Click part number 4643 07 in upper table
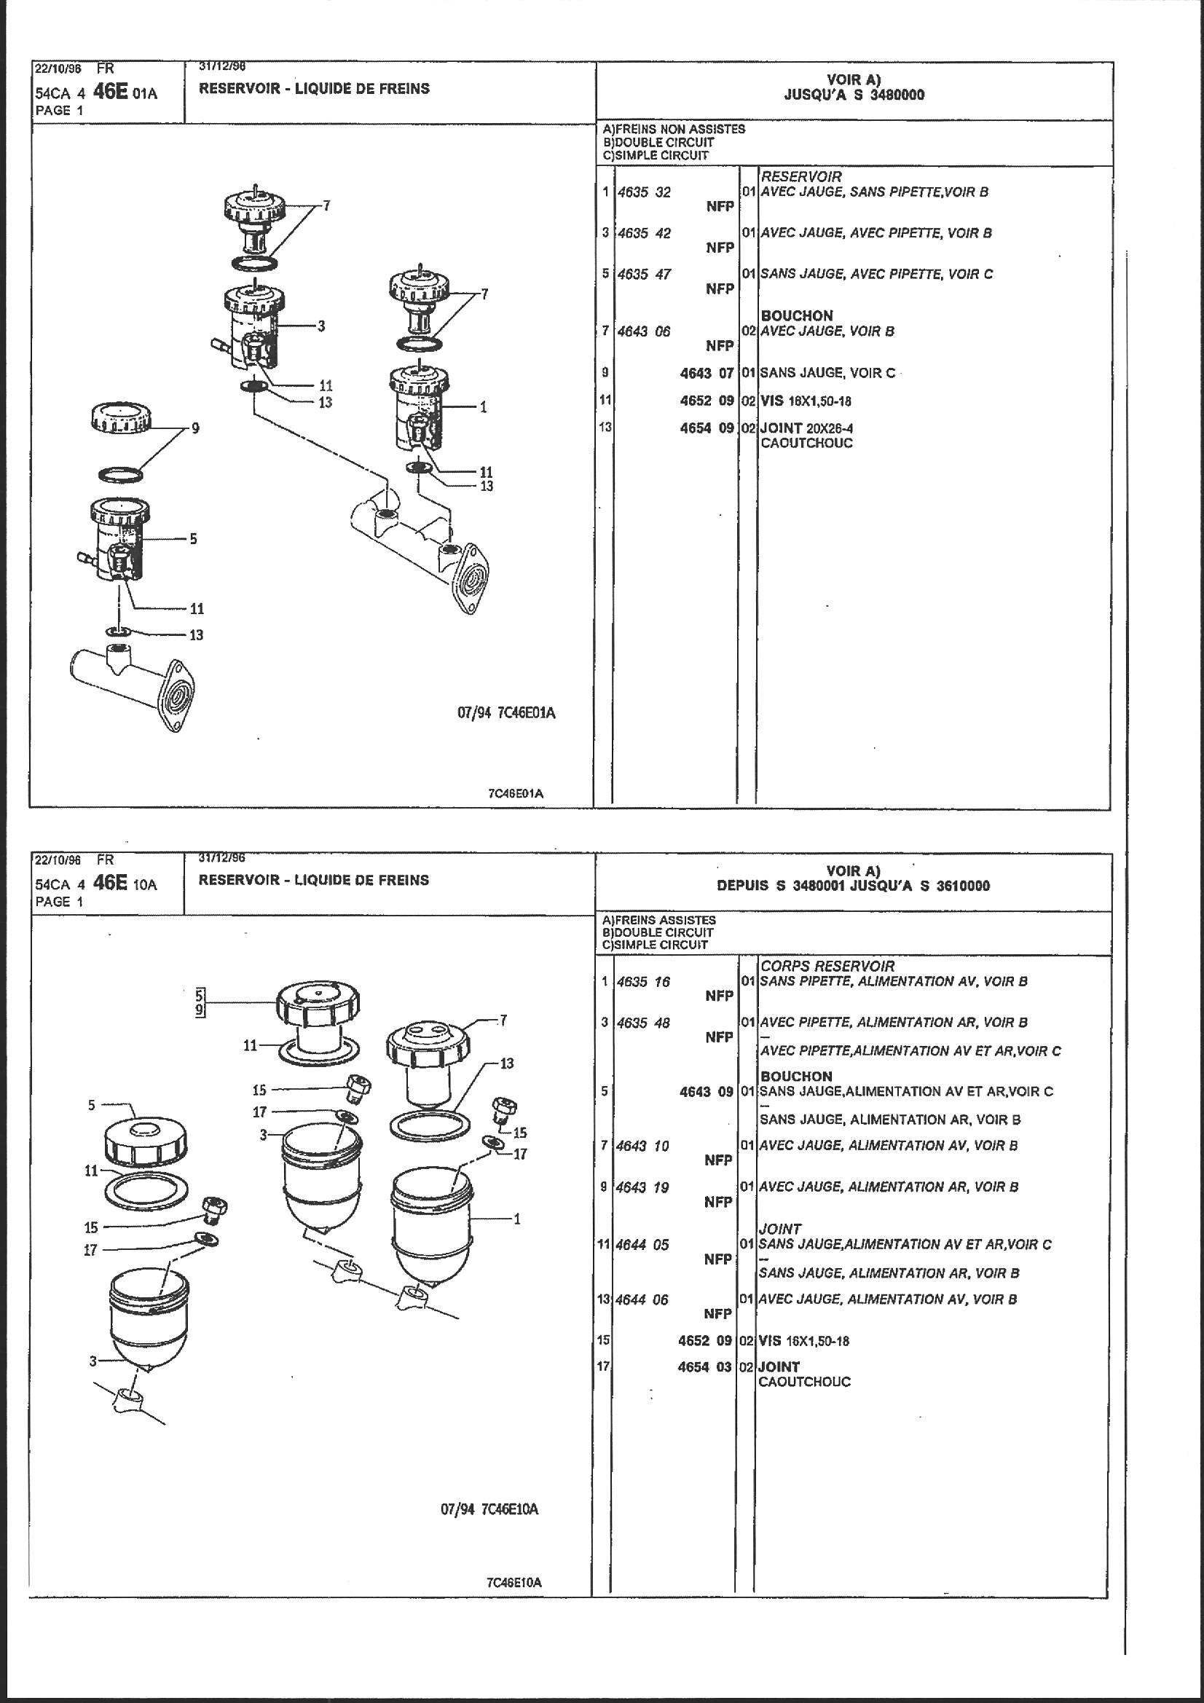pos(707,373)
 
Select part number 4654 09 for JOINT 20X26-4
pos(707,428)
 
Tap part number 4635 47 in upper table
pos(644,274)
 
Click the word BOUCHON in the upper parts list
pos(797,316)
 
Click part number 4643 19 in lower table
pos(642,1187)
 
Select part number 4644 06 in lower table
pos(642,1299)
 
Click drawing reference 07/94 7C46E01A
pos(507,714)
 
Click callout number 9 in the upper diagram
pos(195,428)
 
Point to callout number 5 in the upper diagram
pos(193,538)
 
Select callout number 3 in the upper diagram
pos(321,326)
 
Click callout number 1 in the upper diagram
pos(483,406)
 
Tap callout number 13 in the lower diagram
pos(507,1063)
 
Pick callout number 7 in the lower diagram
pos(503,1020)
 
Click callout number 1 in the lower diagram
pos(517,1218)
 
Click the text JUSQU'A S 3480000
pos(854,95)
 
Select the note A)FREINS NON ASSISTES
pos(674,129)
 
